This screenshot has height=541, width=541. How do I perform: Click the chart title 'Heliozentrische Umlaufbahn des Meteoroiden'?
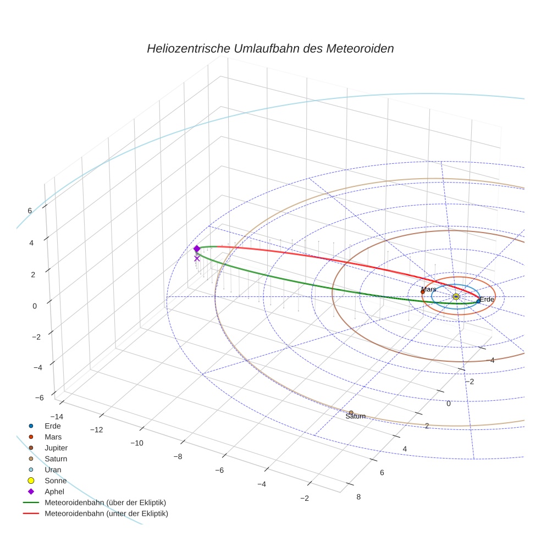coord(270,48)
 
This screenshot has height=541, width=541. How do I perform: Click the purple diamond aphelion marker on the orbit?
coord(197,249)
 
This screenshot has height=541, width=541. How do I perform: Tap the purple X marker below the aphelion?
coord(197,258)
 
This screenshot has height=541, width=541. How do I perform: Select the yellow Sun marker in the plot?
coord(456,296)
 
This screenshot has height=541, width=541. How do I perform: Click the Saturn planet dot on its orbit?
coord(351,412)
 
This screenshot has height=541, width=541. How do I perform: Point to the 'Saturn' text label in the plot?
coord(355,417)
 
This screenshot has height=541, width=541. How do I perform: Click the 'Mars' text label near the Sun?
coord(428,289)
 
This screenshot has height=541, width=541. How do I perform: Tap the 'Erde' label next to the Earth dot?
coord(487,299)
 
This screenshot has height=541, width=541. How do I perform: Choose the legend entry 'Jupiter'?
coord(56,448)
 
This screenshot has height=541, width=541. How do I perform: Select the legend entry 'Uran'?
coord(53,470)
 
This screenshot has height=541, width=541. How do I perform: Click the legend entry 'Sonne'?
coord(56,481)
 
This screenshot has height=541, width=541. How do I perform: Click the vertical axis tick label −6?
coord(39,398)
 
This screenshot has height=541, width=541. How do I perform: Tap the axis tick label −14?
coord(56,416)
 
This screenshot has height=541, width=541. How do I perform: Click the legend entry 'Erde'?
coord(53,426)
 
